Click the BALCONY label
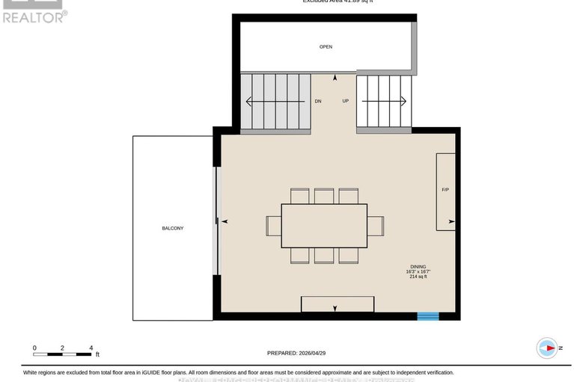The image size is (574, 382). click(172, 228)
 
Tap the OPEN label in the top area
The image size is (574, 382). click(326, 47)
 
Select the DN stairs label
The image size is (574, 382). click(318, 101)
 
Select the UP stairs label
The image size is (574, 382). click(345, 101)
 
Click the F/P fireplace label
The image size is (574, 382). click(445, 190)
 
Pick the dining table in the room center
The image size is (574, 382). click(324, 226)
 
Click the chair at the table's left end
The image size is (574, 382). click(274, 226)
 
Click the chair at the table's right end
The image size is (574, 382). click(376, 226)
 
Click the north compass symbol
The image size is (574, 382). click(548, 348)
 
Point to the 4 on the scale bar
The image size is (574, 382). click(91, 348)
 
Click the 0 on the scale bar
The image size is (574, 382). click(34, 348)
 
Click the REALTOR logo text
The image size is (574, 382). click(34, 16)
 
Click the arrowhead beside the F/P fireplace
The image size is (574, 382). click(452, 221)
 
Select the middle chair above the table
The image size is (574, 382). click(324, 196)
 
